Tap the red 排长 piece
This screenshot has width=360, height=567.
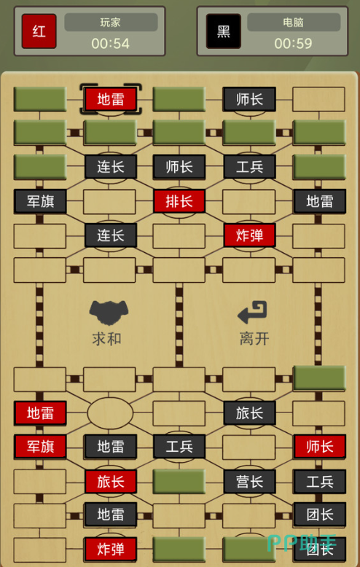pyautogui.click(x=179, y=201)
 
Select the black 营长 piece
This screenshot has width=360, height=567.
pyautogui.click(x=249, y=481)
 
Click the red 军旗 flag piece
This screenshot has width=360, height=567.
pyautogui.click(x=40, y=446)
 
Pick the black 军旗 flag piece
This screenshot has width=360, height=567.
pyautogui.click(x=40, y=201)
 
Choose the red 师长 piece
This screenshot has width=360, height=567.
pyautogui.click(x=319, y=446)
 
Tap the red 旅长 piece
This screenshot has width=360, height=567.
pyautogui.click(x=111, y=481)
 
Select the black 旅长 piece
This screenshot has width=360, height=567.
pyautogui.click(x=249, y=412)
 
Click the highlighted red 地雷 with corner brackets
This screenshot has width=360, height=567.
pyautogui.click(x=111, y=99)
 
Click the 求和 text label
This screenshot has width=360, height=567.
pyautogui.click(x=106, y=339)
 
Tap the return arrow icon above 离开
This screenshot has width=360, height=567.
pyautogui.click(x=252, y=313)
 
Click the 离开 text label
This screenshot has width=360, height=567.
pyautogui.click(x=254, y=339)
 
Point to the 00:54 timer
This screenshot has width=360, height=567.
pyautogui.click(x=110, y=44)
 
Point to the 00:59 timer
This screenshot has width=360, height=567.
pyautogui.click(x=293, y=44)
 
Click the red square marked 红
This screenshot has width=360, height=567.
pyautogui.click(x=39, y=31)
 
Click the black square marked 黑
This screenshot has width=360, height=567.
pyautogui.click(x=224, y=31)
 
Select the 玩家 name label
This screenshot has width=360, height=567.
pyautogui.click(x=111, y=23)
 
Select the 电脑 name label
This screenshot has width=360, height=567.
pyautogui.click(x=293, y=23)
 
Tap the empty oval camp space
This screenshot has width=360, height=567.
pyautogui.click(x=110, y=412)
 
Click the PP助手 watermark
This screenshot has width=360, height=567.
pyautogui.click(x=302, y=543)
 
